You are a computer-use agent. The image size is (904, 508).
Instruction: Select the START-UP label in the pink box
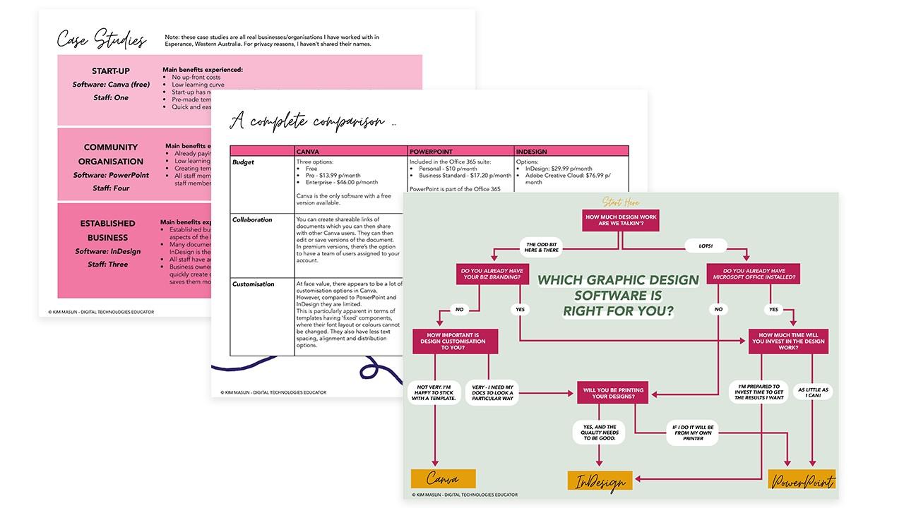[111, 71]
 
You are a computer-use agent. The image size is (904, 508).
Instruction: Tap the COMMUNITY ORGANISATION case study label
[111, 154]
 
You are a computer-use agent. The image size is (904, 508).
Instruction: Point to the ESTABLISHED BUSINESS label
[107, 230]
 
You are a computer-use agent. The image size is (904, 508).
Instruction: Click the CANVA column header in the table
[308, 152]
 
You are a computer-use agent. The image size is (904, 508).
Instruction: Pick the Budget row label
[243, 162]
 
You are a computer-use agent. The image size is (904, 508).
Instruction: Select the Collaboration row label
[252, 220]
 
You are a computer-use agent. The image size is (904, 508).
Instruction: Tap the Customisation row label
[254, 284]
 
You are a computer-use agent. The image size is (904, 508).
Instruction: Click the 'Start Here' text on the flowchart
[621, 203]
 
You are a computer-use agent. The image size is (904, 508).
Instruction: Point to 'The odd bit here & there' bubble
[542, 247]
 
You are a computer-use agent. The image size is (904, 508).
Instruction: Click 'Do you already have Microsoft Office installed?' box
[754, 274]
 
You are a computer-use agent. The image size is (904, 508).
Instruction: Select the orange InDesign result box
[600, 481]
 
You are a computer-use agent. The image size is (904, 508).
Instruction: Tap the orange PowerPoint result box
[802, 480]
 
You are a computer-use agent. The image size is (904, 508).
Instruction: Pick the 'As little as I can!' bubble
[813, 394]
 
